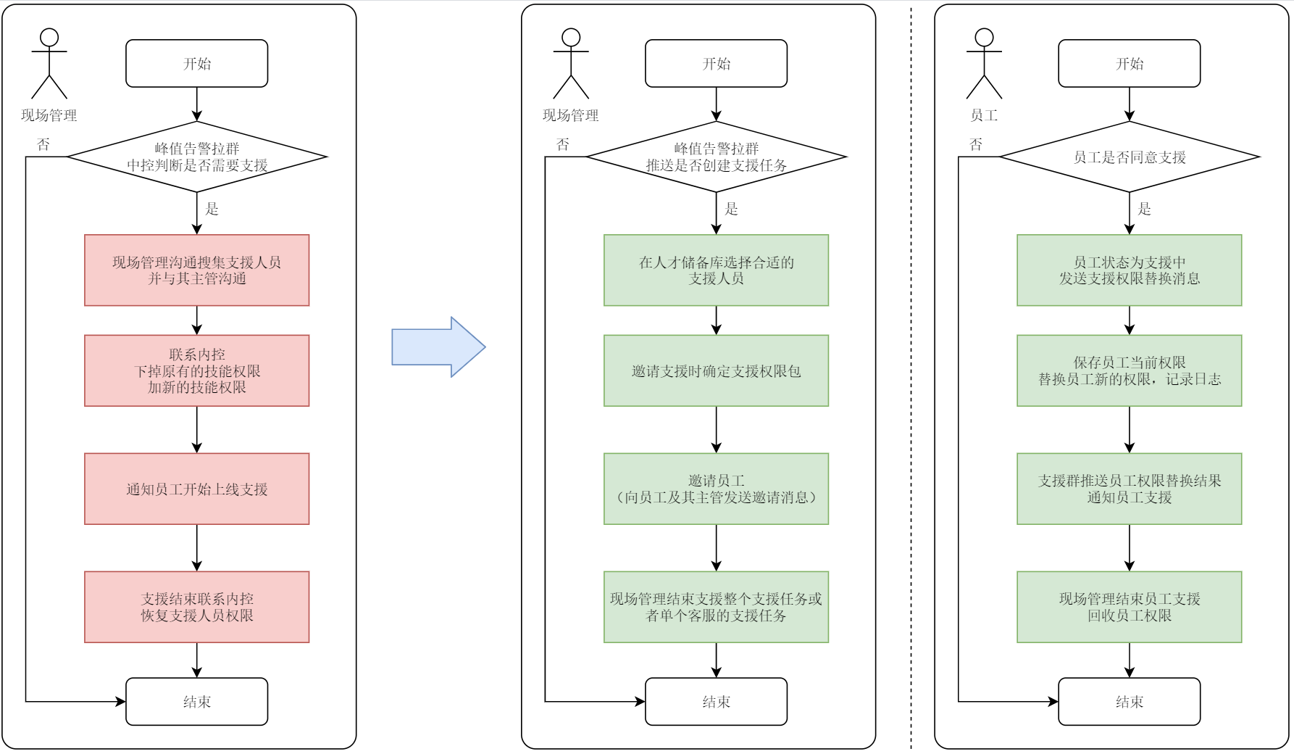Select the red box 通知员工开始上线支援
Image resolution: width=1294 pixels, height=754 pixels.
(x=196, y=489)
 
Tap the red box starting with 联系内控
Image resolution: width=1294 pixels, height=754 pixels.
(x=196, y=370)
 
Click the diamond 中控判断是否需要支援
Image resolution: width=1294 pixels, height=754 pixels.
(x=196, y=157)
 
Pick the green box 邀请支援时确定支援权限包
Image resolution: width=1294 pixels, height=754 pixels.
(x=716, y=370)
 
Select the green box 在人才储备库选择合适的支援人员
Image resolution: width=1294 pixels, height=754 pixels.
(x=716, y=270)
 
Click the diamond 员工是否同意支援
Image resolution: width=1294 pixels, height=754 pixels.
(x=1129, y=157)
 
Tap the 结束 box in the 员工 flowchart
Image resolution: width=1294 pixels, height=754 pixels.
(x=1129, y=701)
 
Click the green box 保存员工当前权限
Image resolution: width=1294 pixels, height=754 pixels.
(x=1129, y=370)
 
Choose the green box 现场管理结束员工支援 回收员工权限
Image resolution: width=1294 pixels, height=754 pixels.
(x=1129, y=607)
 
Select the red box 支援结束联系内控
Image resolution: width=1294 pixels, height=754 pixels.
(x=196, y=607)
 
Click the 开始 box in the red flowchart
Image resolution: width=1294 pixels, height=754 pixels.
(x=196, y=64)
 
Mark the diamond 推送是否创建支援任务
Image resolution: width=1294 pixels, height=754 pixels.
(x=716, y=157)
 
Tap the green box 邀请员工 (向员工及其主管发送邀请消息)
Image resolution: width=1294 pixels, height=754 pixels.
(x=716, y=489)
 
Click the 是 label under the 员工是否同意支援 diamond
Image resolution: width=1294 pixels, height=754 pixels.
(x=1145, y=210)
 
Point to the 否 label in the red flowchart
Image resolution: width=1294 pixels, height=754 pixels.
(x=43, y=144)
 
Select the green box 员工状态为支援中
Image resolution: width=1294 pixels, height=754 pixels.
(x=1129, y=270)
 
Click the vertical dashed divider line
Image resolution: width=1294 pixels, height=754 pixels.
(x=911, y=377)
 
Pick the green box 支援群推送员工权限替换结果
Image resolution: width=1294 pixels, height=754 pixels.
(x=1129, y=489)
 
